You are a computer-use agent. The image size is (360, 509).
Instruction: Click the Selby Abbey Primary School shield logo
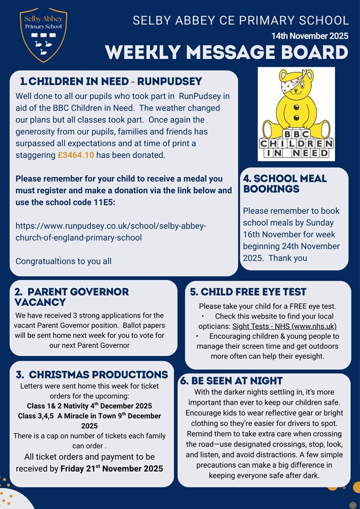(44, 34)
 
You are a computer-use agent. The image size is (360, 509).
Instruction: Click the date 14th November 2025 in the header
(310, 36)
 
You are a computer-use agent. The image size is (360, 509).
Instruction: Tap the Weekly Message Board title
(226, 53)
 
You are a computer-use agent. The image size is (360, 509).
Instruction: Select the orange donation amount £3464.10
(76, 156)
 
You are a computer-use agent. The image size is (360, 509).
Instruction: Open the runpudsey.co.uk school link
(110, 231)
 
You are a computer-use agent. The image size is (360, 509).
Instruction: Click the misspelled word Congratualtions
(63, 261)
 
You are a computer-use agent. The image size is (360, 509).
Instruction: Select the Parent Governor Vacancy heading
(71, 297)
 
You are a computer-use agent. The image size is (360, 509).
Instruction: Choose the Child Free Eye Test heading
(248, 292)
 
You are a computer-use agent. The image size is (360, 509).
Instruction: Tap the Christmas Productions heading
(91, 375)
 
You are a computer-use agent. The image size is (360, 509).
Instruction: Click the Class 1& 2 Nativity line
(90, 406)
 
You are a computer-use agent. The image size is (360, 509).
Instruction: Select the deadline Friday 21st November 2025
(111, 468)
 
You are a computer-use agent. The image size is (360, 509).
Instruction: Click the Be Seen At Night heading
(232, 381)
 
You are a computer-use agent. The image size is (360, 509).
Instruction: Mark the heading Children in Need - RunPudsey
(111, 82)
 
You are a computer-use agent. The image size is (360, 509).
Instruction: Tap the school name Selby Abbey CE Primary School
(241, 21)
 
